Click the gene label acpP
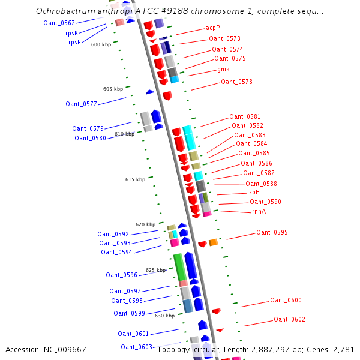(x=213, y=28)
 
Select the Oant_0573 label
(x=224, y=38)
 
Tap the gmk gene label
(x=224, y=70)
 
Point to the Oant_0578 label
(x=236, y=82)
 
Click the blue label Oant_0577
(x=81, y=104)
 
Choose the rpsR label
(x=72, y=33)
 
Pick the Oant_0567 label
(x=59, y=23)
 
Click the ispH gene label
(x=254, y=192)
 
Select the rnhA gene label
(x=259, y=211)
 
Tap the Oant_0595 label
(x=272, y=232)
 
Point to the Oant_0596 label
(x=121, y=275)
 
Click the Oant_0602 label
(x=289, y=319)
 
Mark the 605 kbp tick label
(x=113, y=89)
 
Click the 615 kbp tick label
(x=135, y=179)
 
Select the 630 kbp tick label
(x=164, y=315)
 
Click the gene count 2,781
(x=344, y=349)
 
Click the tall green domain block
(x=179, y=266)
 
